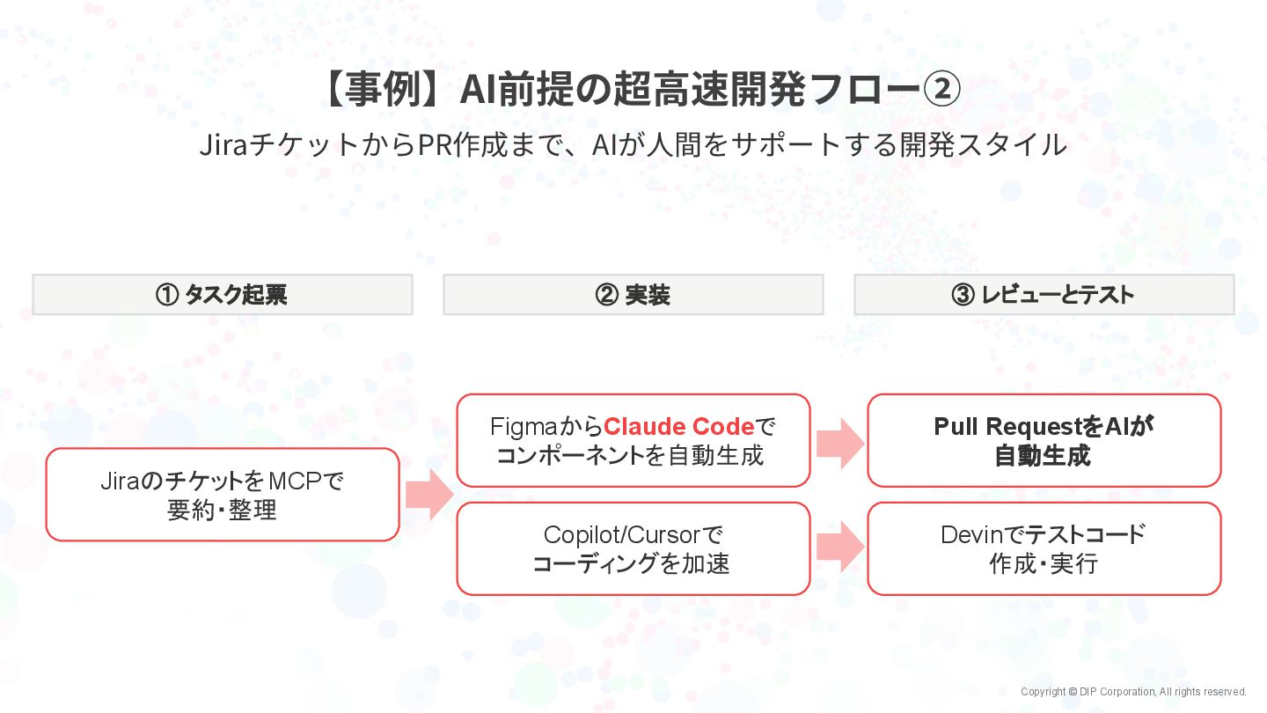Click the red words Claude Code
678,427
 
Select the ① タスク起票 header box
223,295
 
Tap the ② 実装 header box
633,295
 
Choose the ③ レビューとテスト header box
1044,295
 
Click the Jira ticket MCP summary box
223,495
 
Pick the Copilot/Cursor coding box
633,548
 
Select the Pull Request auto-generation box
1044,440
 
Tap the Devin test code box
1044,548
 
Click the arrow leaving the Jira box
428,495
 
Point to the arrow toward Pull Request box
839,443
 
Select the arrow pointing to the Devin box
839,547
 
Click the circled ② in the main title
941,91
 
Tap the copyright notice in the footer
1133,692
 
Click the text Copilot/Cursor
622,534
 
